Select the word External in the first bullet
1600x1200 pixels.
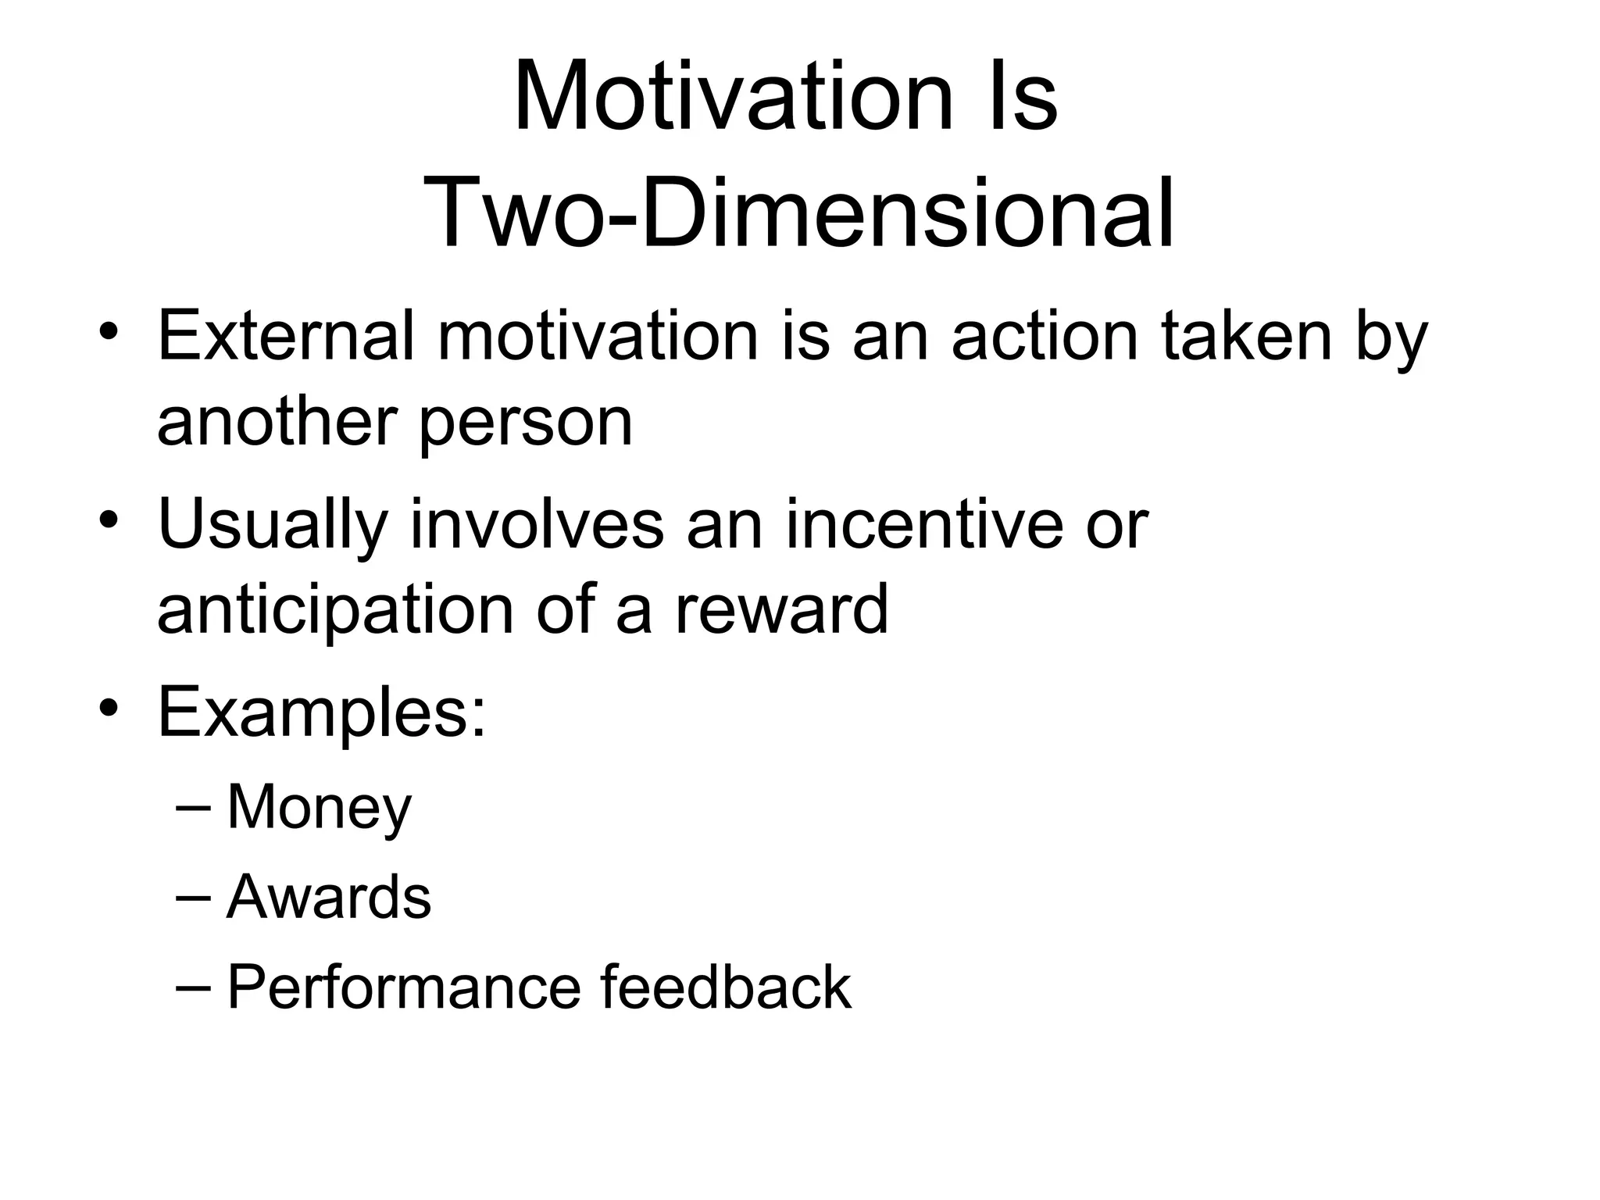pyautogui.click(x=286, y=337)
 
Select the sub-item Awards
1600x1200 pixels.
pyautogui.click(x=329, y=898)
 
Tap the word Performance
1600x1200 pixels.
pyautogui.click(x=404, y=988)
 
